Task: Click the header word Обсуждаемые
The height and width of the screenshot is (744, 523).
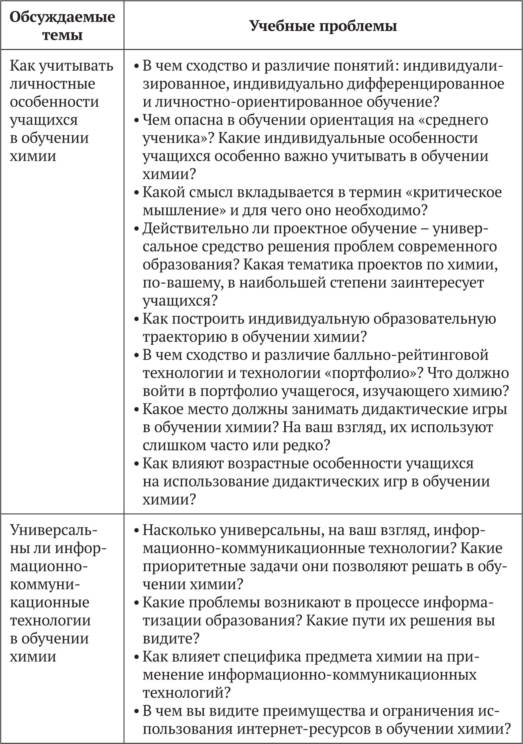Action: [x=62, y=17]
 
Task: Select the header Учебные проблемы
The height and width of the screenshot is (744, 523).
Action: [x=323, y=26]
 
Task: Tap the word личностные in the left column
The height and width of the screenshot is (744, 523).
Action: [x=52, y=84]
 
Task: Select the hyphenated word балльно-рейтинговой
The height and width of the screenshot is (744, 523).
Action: [x=411, y=355]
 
